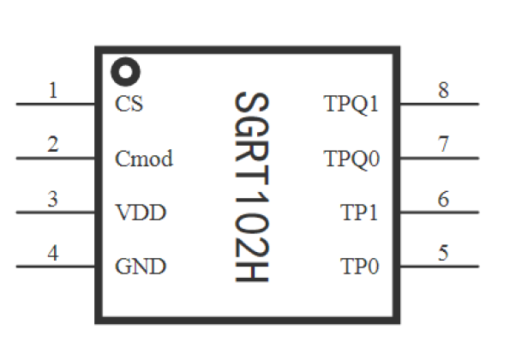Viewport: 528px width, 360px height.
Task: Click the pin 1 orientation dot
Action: click(x=125, y=71)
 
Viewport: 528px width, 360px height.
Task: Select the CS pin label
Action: click(x=129, y=105)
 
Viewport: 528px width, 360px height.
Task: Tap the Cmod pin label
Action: click(x=143, y=159)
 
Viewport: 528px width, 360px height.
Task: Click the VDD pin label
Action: click(x=140, y=213)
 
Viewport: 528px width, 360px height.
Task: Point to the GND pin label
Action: click(x=140, y=266)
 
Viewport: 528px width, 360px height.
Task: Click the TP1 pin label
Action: click(x=360, y=213)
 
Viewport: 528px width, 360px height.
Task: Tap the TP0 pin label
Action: click(x=360, y=266)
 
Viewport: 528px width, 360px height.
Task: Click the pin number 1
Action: click(x=54, y=90)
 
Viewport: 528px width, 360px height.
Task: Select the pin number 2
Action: click(x=53, y=144)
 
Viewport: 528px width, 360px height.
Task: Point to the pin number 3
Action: click(x=53, y=199)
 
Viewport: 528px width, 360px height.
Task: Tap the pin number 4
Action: click(x=53, y=253)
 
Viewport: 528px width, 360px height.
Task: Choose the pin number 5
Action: click(x=443, y=253)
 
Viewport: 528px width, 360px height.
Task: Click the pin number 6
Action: click(x=443, y=199)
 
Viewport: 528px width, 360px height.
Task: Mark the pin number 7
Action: click(x=443, y=144)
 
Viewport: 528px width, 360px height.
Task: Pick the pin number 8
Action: click(x=443, y=90)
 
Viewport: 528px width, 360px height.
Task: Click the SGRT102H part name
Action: click(x=251, y=189)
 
